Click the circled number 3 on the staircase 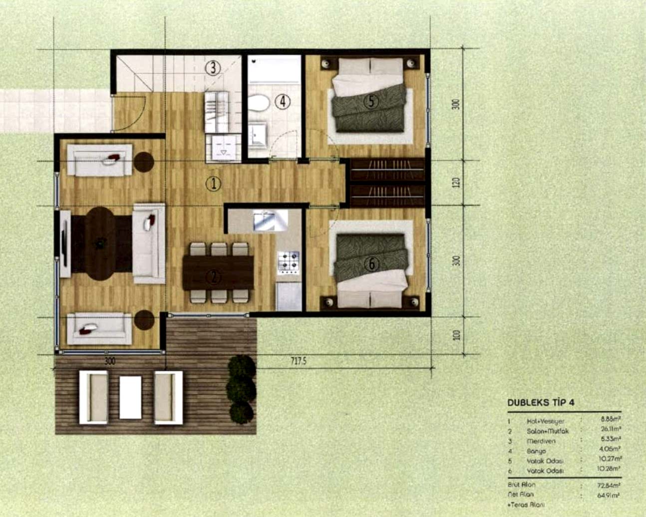click(x=213, y=67)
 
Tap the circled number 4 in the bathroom click(x=283, y=102)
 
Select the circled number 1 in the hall click(x=213, y=184)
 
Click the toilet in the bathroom click(x=259, y=103)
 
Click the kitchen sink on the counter click(x=270, y=220)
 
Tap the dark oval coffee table click(x=101, y=243)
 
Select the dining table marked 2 click(x=218, y=272)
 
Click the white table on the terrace click(x=130, y=397)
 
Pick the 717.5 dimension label click(x=298, y=361)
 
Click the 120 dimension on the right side click(x=455, y=183)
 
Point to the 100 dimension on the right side click(x=455, y=335)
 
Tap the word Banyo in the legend click(x=536, y=451)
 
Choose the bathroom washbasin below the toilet click(x=258, y=134)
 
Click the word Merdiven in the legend click(x=541, y=441)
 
